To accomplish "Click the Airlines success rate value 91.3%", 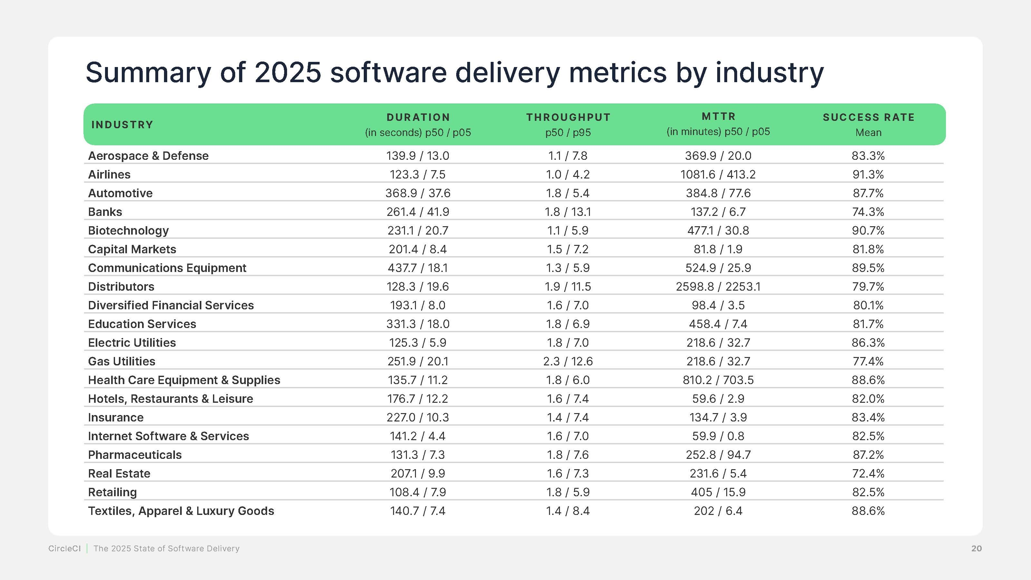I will pyautogui.click(x=868, y=175).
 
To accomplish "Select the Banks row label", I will pyautogui.click(x=105, y=212).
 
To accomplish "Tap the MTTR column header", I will pyautogui.click(x=718, y=116).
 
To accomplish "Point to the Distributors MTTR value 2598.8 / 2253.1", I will pyautogui.click(x=718, y=286).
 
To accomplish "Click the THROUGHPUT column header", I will pyautogui.click(x=568, y=117).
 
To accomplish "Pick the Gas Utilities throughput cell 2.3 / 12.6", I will pyautogui.click(x=567, y=362).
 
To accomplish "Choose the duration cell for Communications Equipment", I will pyautogui.click(x=418, y=268).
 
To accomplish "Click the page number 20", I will pyautogui.click(x=976, y=548).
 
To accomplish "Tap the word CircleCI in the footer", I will pyautogui.click(x=64, y=548).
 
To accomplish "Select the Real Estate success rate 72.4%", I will pyautogui.click(x=868, y=474).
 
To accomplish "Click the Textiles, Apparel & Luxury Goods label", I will pyautogui.click(x=181, y=511).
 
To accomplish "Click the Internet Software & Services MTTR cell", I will pyautogui.click(x=718, y=436).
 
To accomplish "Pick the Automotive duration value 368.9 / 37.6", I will pyautogui.click(x=418, y=193).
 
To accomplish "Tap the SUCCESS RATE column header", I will pyautogui.click(x=869, y=117).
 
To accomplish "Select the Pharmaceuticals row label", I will pyautogui.click(x=134, y=455).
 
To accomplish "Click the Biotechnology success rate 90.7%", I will pyautogui.click(x=868, y=231).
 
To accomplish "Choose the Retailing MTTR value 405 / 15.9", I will pyautogui.click(x=718, y=492).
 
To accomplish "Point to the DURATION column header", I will pyautogui.click(x=418, y=117).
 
